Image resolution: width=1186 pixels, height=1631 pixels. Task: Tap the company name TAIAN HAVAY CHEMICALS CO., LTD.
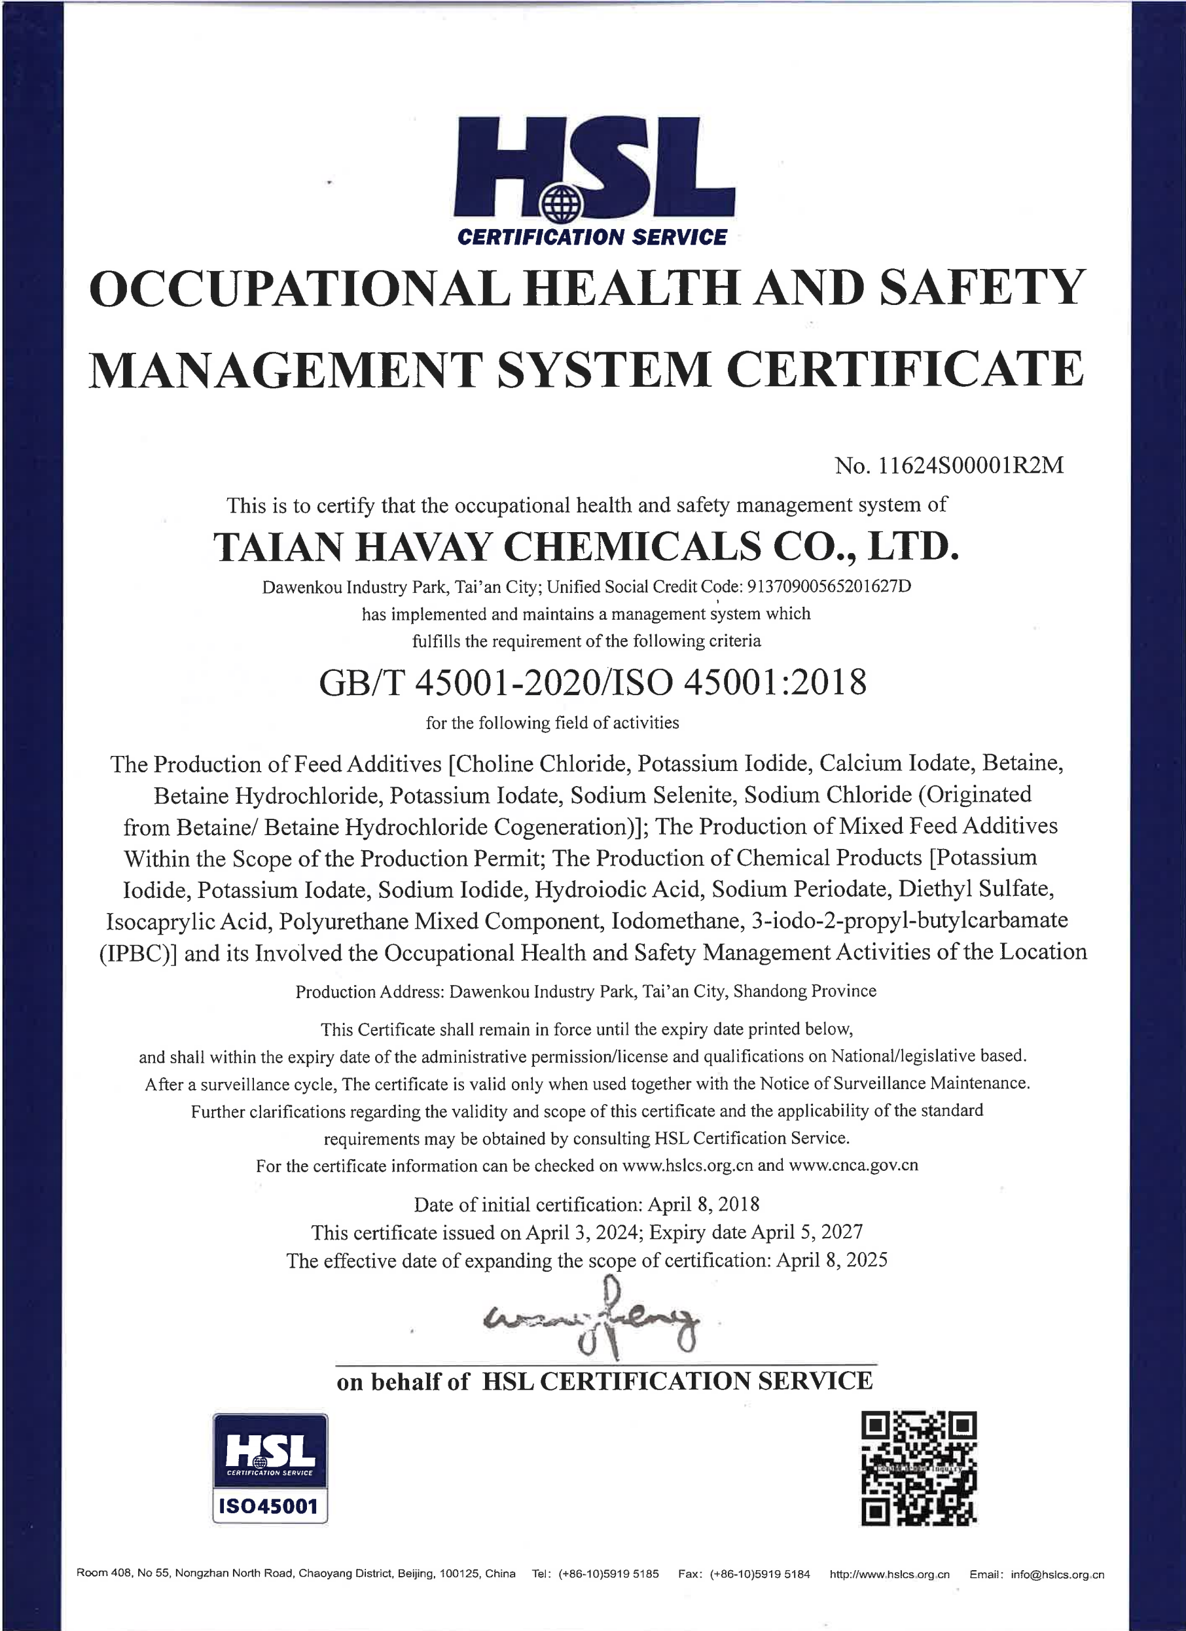[586, 546]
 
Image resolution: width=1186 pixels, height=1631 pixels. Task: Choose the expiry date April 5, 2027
[806, 1232]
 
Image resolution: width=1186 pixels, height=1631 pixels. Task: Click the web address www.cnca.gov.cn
[853, 1165]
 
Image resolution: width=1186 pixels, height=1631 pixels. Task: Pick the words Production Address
[369, 992]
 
